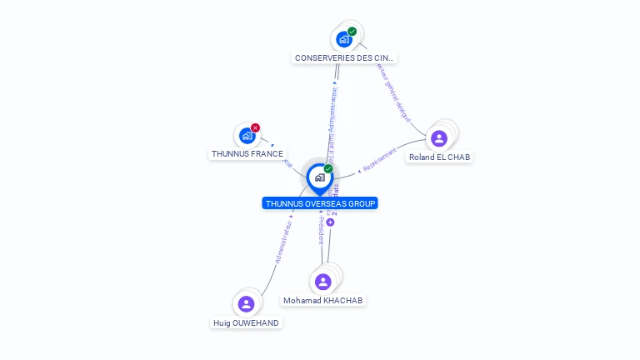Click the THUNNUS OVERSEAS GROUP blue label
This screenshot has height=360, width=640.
[x=320, y=203]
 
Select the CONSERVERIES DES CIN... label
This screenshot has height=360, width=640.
[x=345, y=58]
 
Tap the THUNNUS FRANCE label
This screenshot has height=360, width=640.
[x=247, y=154]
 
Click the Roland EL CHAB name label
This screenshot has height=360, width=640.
[x=439, y=157]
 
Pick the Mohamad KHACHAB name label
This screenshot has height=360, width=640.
[x=323, y=300]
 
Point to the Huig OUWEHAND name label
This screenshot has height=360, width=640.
[x=246, y=322]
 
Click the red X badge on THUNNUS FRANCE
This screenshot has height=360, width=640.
[x=255, y=127]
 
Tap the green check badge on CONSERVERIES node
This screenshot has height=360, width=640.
[x=352, y=32]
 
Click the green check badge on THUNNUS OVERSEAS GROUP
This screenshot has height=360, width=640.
[x=328, y=169]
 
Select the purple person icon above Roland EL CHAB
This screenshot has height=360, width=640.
[x=439, y=137]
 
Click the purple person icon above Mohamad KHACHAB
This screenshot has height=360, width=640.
[x=323, y=282]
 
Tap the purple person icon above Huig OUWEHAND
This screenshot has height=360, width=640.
[x=246, y=304]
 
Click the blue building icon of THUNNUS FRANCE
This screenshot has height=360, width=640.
[x=246, y=135]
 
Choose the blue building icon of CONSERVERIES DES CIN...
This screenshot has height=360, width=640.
[x=343, y=39]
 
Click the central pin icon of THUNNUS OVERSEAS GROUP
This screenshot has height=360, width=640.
[x=319, y=177]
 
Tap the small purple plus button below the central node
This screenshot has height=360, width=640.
[x=330, y=222]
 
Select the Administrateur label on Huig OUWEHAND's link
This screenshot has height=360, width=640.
[x=282, y=242]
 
